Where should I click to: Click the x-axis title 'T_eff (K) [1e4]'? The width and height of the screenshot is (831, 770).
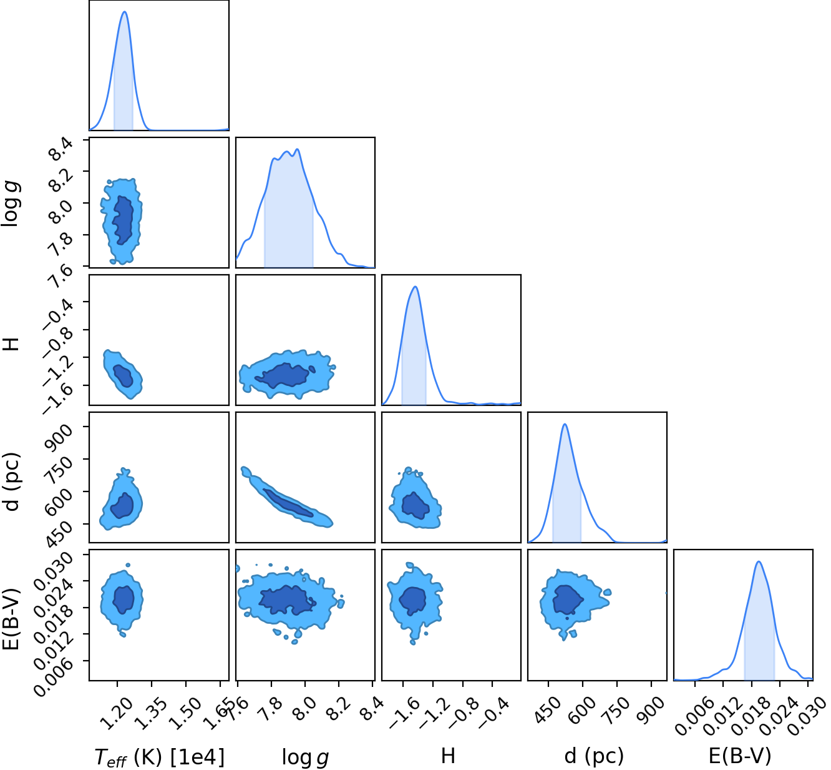(160, 757)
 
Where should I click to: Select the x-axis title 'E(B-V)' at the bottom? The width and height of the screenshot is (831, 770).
(740, 756)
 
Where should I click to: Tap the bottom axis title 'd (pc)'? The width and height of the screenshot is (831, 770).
(594, 756)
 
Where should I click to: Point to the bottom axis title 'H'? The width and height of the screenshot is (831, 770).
(448, 756)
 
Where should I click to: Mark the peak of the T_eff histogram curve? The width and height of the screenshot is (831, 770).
(124, 11)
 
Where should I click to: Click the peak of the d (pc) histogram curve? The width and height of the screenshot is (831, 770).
(565, 424)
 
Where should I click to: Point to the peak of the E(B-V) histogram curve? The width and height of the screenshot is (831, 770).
(759, 561)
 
